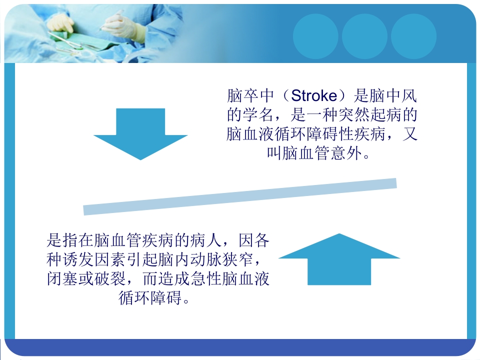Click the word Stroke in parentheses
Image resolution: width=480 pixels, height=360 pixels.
313,96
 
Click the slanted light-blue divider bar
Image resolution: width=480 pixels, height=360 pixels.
240,196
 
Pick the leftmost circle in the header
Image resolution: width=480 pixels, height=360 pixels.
315,36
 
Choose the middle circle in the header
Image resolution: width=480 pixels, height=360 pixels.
364,36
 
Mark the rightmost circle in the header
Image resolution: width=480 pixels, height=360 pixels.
413,36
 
